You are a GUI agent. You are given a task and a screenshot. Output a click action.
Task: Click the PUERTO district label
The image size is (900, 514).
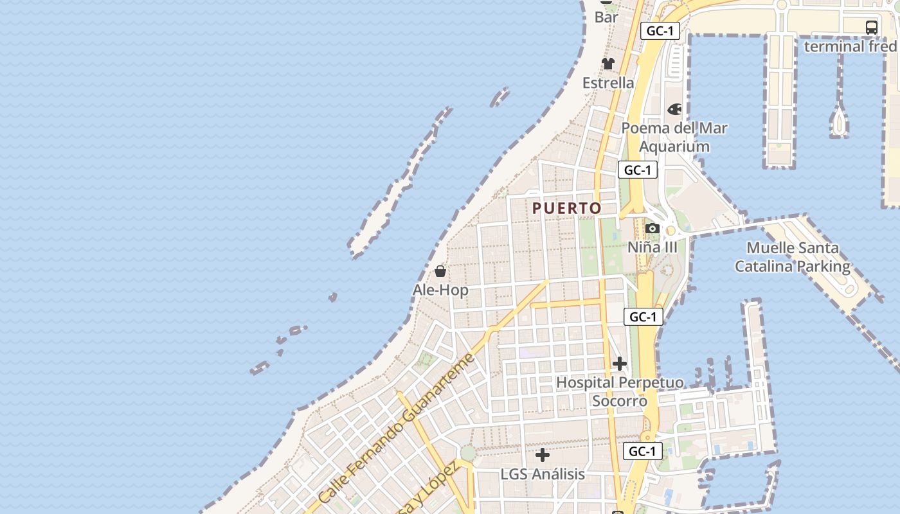tap(567, 208)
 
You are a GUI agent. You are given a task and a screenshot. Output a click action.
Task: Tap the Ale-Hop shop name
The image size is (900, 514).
tap(440, 290)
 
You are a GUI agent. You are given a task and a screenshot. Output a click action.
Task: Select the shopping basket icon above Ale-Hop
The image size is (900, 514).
tap(440, 271)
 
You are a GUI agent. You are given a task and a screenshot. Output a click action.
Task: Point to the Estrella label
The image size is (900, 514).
tap(608, 83)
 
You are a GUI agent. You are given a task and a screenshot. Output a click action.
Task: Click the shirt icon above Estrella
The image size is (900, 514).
tap(608, 64)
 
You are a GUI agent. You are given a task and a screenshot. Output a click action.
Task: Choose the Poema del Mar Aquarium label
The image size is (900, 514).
tap(674, 137)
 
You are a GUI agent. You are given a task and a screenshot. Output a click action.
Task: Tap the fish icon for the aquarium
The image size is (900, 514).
tap(674, 109)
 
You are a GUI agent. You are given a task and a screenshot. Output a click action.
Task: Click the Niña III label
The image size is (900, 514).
tap(652, 247)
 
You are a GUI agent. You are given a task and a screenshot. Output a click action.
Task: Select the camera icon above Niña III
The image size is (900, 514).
tap(652, 229)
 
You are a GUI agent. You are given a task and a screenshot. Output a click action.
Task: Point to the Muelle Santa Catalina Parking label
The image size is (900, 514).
tap(793, 257)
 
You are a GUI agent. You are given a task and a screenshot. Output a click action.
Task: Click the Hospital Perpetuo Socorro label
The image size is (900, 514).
tap(620, 391)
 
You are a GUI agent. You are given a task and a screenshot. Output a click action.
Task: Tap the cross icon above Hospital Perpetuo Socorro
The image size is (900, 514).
tap(620, 364)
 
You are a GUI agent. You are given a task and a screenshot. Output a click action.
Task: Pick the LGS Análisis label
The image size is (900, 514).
tap(543, 474)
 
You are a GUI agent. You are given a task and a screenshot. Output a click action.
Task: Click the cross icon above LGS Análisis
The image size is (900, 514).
tap(543, 455)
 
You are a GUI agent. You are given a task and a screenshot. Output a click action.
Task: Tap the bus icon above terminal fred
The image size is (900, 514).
tap(872, 28)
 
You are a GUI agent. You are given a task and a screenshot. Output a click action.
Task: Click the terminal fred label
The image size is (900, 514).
tap(850, 46)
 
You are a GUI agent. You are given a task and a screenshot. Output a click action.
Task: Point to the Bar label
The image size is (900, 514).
tap(606, 17)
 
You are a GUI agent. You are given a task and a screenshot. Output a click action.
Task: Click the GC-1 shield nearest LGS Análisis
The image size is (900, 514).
tap(642, 451)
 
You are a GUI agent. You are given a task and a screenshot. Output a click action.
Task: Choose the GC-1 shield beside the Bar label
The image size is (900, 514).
tap(660, 31)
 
